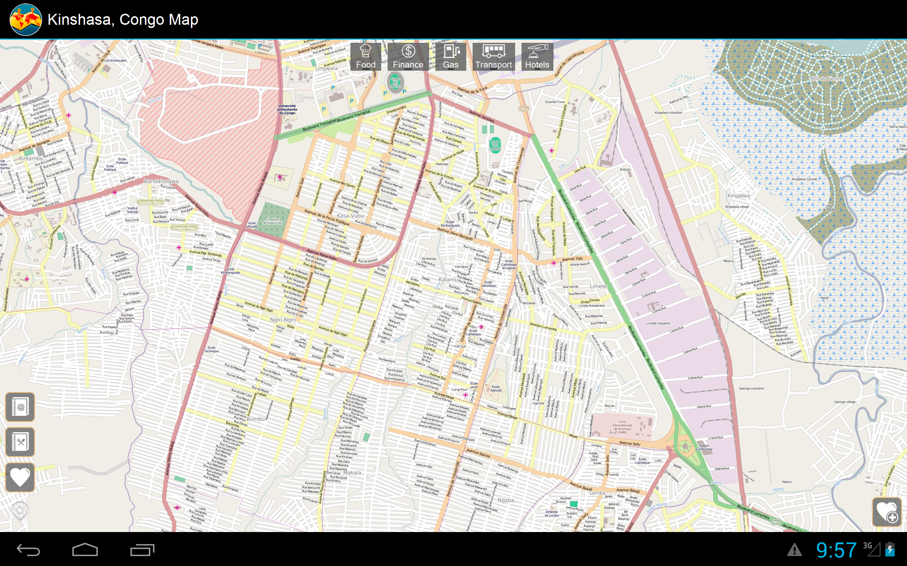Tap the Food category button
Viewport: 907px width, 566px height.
tap(365, 57)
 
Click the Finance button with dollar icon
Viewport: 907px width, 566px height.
tap(408, 57)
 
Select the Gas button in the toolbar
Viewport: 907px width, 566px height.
tap(451, 57)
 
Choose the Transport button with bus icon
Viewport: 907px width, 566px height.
tap(493, 57)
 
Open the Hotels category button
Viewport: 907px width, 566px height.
tap(537, 57)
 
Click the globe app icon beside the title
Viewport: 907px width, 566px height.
tap(26, 19)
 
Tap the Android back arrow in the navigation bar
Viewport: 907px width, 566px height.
tap(28, 549)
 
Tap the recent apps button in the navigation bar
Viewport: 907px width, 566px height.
tap(142, 549)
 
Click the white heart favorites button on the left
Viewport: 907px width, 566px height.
tap(20, 477)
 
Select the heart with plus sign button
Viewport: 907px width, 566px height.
tap(887, 512)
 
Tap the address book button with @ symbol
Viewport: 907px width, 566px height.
tap(20, 407)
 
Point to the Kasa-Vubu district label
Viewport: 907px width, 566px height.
tap(350, 216)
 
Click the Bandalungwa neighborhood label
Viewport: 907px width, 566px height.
tap(161, 181)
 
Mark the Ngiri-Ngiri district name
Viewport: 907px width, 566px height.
tap(283, 320)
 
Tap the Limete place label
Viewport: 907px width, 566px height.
tap(598, 287)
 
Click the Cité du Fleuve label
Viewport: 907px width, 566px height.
tap(826, 79)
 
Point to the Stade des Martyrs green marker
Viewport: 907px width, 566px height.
tap(395, 82)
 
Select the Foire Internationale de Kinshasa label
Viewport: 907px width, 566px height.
tap(622, 427)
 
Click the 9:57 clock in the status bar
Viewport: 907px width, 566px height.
tap(836, 550)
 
